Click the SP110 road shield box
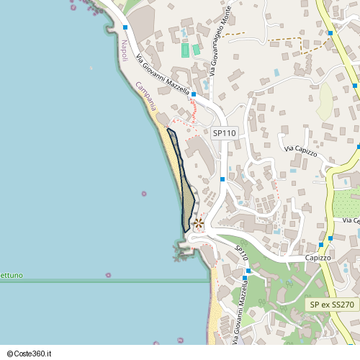tap(225, 133)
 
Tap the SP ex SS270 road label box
tap(332, 305)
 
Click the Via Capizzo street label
tap(300, 148)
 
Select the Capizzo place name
tap(317, 257)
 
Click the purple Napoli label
tap(124, 51)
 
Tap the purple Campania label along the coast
tap(145, 96)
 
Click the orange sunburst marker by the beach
tap(199, 224)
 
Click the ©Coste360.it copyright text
tap(35, 354)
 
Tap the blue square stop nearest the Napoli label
tap(125, 27)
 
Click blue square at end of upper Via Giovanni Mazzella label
tap(194, 94)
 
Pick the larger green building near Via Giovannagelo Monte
tap(185, 50)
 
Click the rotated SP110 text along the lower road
tap(242, 253)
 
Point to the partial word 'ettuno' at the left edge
tap(12, 276)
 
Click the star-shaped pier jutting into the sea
tap(179, 252)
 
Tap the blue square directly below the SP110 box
tap(222, 179)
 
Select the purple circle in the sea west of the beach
tap(144, 194)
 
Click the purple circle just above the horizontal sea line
tap(108, 274)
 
